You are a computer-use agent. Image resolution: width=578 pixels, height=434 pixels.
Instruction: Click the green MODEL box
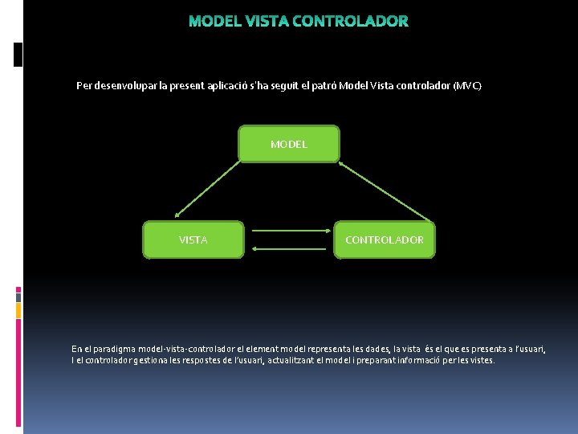[289, 144]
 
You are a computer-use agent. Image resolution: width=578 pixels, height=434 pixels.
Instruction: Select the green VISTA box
[193, 240]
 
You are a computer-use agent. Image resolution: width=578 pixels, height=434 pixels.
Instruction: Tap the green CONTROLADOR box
[385, 240]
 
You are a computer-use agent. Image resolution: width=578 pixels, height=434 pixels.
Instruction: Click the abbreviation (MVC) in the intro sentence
[467, 85]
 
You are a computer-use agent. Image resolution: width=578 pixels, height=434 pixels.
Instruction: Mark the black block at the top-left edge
[18, 54]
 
